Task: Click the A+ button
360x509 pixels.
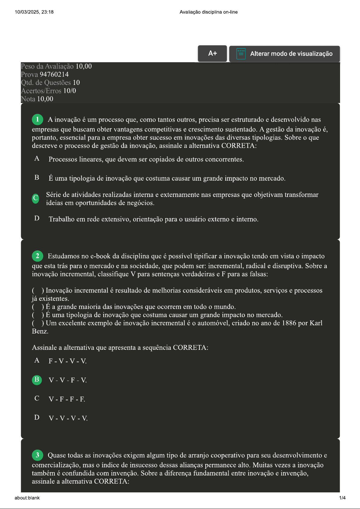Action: click(212, 53)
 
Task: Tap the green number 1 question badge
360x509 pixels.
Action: click(37, 119)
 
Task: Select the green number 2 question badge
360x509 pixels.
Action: click(37, 256)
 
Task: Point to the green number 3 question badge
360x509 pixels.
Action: click(37, 455)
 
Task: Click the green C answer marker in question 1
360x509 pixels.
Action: click(36, 198)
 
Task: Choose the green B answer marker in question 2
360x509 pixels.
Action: click(37, 380)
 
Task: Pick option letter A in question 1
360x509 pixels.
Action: click(37, 159)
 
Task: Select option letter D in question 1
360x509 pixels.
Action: click(37, 218)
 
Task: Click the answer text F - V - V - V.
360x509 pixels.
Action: click(68, 361)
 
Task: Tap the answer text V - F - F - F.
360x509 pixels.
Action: click(67, 399)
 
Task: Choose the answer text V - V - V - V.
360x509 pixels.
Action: click(68, 418)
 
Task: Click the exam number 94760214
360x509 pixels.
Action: click(54, 74)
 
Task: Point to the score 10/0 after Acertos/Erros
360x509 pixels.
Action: click(69, 91)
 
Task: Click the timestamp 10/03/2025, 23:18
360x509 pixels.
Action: click(34, 12)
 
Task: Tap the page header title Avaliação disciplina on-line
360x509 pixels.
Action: click(208, 12)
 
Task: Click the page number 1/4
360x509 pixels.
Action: click(342, 498)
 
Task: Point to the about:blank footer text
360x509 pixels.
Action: click(27, 498)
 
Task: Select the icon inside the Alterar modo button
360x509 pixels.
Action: click(241, 54)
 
